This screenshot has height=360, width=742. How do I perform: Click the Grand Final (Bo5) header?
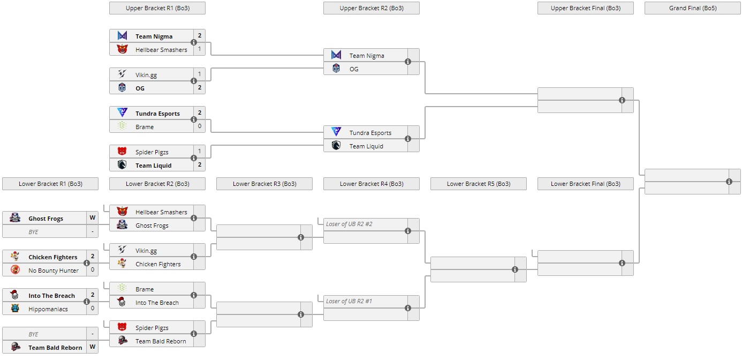click(692, 8)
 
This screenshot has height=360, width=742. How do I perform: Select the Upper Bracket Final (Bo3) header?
click(585, 8)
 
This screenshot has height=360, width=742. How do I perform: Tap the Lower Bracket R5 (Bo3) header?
click(478, 184)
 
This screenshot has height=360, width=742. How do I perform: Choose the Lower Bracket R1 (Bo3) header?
click(50, 184)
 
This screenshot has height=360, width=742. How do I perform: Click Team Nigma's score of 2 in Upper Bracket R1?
click(200, 36)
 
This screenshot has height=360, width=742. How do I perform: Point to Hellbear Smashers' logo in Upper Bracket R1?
click(122, 49)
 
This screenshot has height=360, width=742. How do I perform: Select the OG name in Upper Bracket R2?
click(354, 69)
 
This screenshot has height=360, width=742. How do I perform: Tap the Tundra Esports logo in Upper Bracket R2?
click(336, 132)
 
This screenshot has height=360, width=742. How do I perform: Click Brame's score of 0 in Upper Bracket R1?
click(200, 126)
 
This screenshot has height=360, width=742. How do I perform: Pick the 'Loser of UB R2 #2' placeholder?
click(349, 224)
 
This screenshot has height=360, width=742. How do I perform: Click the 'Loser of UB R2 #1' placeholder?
click(349, 301)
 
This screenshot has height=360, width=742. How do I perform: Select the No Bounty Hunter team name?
click(54, 271)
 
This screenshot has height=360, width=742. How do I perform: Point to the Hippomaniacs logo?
click(15, 308)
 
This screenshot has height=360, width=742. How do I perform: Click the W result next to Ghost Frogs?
click(93, 218)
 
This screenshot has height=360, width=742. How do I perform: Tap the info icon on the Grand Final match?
click(729, 182)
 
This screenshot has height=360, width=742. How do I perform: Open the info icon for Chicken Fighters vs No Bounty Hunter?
click(87, 263)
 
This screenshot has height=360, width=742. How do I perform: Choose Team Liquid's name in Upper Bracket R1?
click(153, 166)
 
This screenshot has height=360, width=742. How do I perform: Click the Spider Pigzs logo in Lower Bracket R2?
click(122, 327)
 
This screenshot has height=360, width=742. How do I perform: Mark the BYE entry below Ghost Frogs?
click(34, 231)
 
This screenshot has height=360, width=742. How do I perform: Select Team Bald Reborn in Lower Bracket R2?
click(161, 341)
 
